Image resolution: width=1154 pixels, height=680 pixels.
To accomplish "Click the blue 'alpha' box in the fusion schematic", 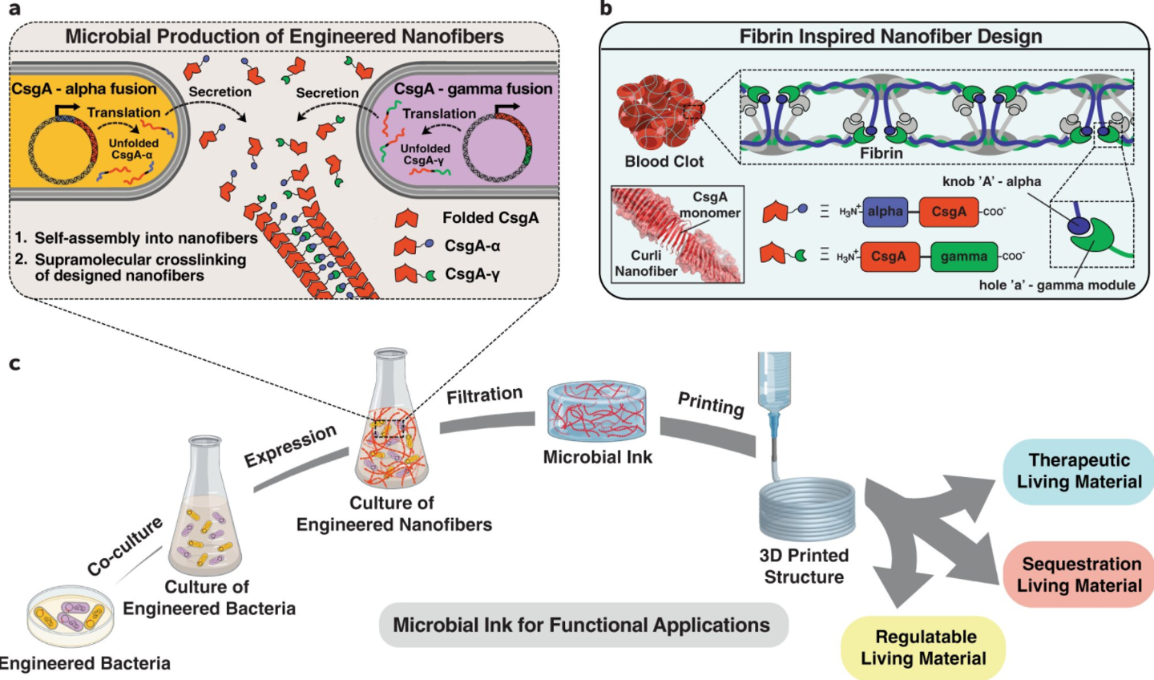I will pyautogui.click(x=885, y=212).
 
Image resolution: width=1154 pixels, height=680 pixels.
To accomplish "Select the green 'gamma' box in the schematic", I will pyautogui.click(x=963, y=257).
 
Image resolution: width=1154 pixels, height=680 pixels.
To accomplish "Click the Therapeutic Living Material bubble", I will pyautogui.click(x=1078, y=472).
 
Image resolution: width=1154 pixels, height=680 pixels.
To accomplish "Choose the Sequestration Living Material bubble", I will pyautogui.click(x=1079, y=575).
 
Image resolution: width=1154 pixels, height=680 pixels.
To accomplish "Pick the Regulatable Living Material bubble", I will pyautogui.click(x=924, y=648).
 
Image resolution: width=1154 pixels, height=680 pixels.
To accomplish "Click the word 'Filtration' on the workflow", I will pyautogui.click(x=484, y=395).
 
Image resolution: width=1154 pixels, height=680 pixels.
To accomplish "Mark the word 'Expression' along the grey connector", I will pyautogui.click(x=290, y=446).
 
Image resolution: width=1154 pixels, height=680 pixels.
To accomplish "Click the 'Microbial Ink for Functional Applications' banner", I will pyautogui.click(x=583, y=625).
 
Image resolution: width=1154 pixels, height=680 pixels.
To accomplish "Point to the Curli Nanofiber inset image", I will pyautogui.click(x=677, y=234).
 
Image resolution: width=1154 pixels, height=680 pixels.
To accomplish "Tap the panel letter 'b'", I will pyautogui.click(x=606, y=9).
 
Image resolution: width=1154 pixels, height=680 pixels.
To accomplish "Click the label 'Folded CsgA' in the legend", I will pyautogui.click(x=490, y=218).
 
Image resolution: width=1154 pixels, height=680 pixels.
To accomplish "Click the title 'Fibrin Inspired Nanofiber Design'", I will pyautogui.click(x=890, y=37).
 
